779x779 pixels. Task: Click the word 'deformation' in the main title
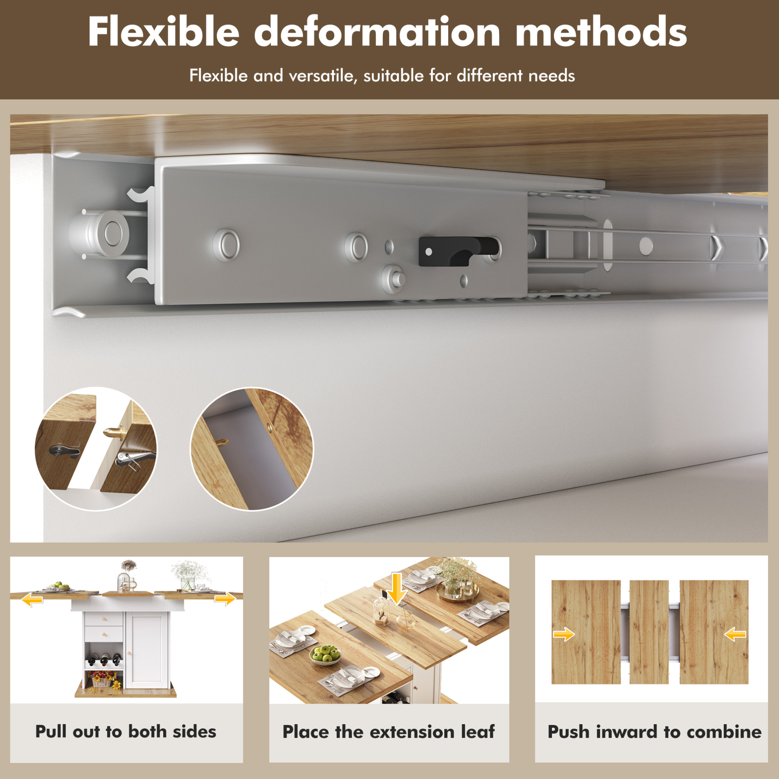click(x=377, y=32)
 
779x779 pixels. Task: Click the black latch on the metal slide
click(x=458, y=251)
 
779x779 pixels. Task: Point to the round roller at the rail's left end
click(x=106, y=233)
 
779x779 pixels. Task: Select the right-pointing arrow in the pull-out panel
click(x=225, y=599)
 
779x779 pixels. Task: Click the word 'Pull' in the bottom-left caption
click(x=50, y=732)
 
